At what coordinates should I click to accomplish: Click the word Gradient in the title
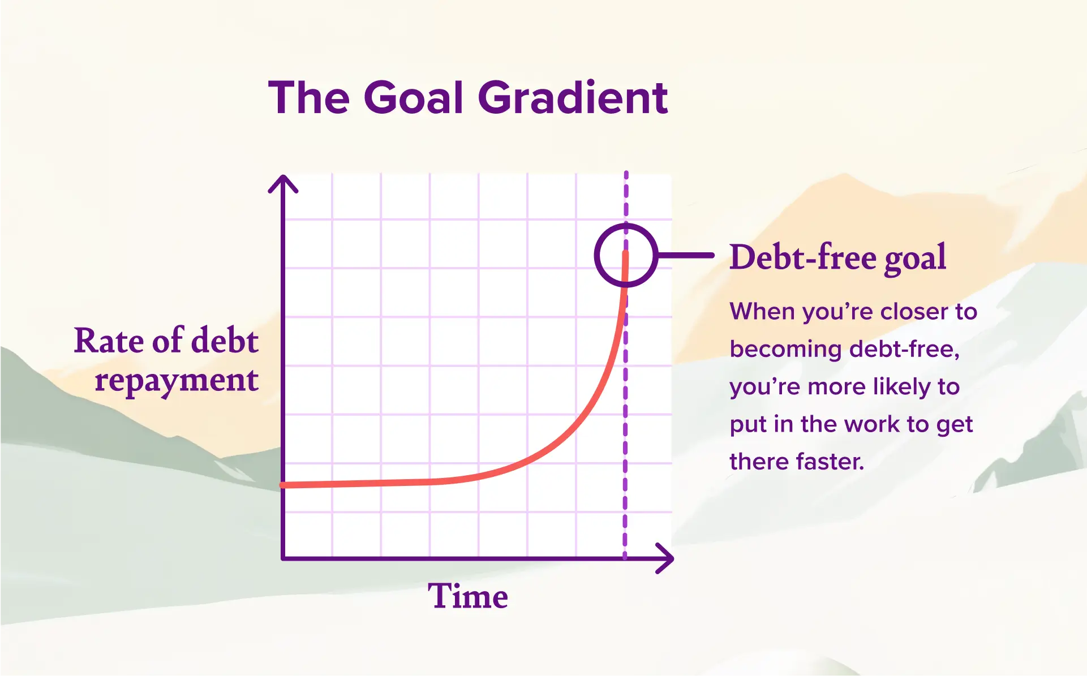click(573, 97)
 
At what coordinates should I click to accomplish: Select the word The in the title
click(309, 97)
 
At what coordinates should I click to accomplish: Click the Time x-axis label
click(467, 596)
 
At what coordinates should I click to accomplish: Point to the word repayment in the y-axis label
click(177, 380)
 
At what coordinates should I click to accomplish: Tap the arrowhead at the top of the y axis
click(283, 182)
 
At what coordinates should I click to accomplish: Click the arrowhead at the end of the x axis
click(667, 558)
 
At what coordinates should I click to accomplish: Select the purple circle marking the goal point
click(625, 255)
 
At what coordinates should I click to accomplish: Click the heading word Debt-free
click(802, 257)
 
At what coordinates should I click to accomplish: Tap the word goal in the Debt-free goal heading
click(914, 259)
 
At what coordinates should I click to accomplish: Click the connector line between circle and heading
click(686, 256)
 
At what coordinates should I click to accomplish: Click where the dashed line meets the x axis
click(625, 558)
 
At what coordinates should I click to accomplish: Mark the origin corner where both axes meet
click(283, 558)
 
